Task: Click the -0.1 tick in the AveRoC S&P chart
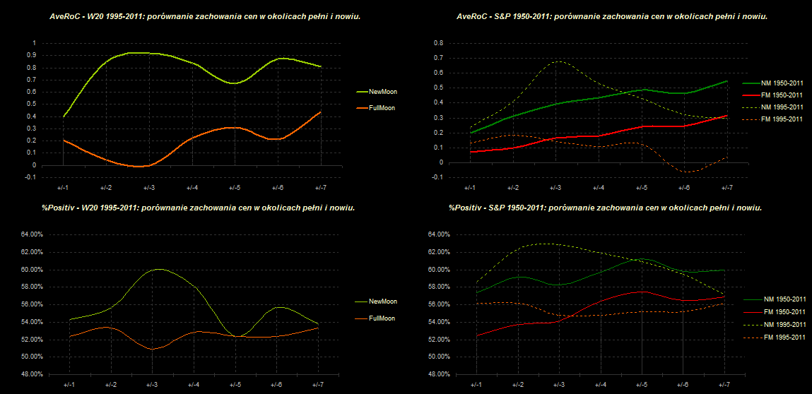tap(437, 177)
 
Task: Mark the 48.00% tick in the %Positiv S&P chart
tap(435, 374)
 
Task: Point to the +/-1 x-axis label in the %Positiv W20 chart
tap(69, 385)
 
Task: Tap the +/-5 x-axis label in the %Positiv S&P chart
tap(641, 385)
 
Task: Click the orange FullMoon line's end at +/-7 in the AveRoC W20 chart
tap(320, 112)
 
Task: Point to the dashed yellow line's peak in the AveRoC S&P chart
tap(558, 61)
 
